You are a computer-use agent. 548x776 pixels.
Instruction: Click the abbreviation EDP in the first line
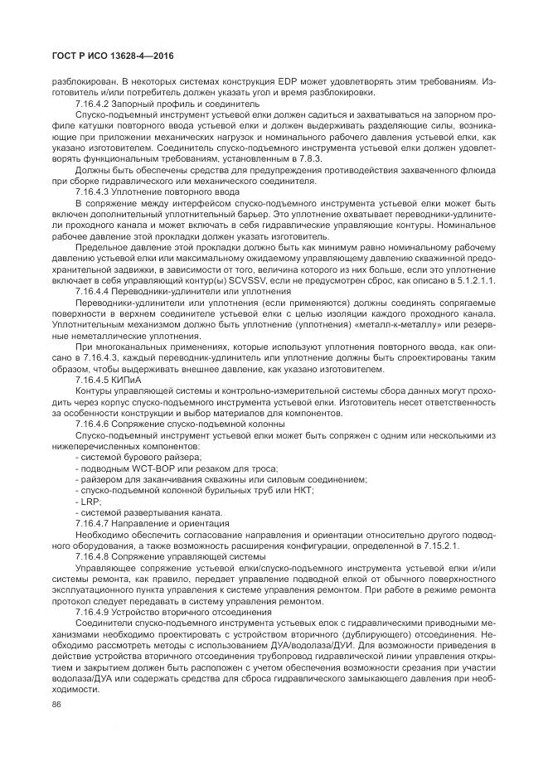[298, 81]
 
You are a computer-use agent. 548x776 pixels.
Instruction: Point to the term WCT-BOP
[145, 469]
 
